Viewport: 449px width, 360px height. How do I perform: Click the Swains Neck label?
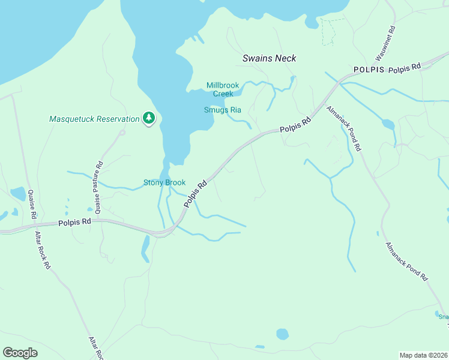[x=270, y=58]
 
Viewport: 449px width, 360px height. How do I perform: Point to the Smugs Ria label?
[x=222, y=110]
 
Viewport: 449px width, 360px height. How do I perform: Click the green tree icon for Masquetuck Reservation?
[x=149, y=118]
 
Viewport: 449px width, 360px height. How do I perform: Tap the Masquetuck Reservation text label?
[x=94, y=119]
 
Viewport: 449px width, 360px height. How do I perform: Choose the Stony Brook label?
[x=164, y=182]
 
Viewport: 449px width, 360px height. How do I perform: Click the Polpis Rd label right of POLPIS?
[x=405, y=68]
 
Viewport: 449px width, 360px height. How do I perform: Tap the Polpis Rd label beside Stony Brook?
[x=196, y=194]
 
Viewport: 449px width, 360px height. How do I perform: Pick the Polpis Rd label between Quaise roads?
[x=74, y=222]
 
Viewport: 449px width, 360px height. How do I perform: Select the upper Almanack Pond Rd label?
[x=344, y=128]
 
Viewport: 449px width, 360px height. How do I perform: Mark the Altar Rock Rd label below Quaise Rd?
[x=43, y=250]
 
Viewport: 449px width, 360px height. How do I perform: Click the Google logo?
[x=20, y=353]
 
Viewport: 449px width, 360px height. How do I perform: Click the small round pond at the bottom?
[x=282, y=334]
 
